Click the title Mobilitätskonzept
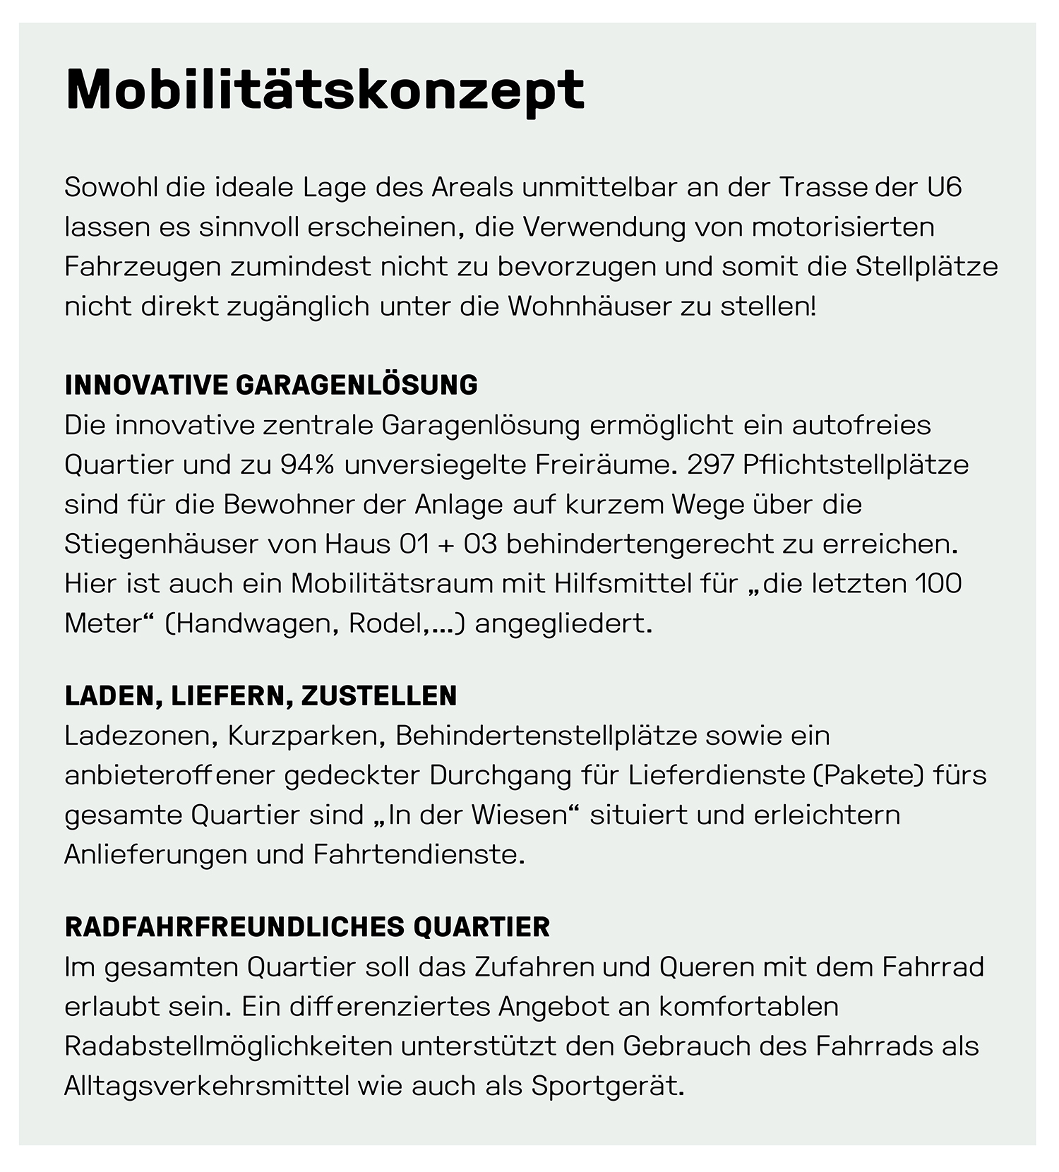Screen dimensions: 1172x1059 [325, 90]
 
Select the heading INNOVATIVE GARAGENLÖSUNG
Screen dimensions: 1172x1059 [271, 385]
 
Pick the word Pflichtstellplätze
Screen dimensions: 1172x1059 [856, 465]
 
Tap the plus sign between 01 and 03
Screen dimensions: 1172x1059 [445, 544]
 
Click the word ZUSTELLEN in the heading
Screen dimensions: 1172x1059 [379, 696]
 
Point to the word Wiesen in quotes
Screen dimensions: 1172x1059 [519, 815]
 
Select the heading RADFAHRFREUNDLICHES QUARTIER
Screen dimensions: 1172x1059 [307, 927]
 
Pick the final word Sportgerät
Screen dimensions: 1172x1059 [608, 1086]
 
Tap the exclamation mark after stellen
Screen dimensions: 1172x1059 [813, 306]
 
